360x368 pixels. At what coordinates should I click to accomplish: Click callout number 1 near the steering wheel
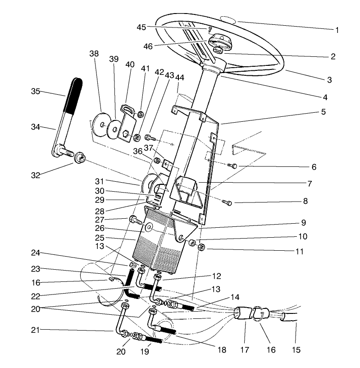point(337,30)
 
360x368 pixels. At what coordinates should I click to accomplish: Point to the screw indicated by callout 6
point(232,166)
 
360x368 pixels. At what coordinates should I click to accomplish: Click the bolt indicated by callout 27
point(135,220)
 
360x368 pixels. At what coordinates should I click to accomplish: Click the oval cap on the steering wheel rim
point(229,19)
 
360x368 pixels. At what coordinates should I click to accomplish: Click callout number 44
point(180,78)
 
